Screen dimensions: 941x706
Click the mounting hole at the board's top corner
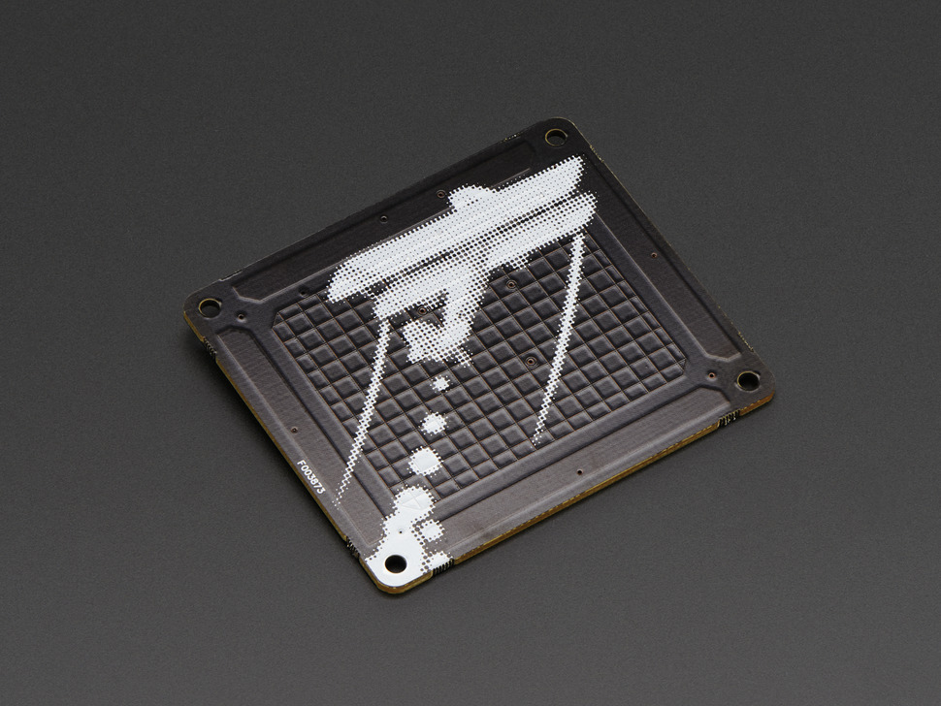coord(555,137)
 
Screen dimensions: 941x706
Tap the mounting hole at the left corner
coord(210,307)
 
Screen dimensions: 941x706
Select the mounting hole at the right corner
coord(748,380)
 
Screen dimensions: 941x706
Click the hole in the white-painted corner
coord(395,563)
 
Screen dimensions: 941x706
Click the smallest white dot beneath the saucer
coord(441,383)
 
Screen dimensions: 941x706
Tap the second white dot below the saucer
coord(434,423)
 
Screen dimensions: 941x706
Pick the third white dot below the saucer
coord(425,462)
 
